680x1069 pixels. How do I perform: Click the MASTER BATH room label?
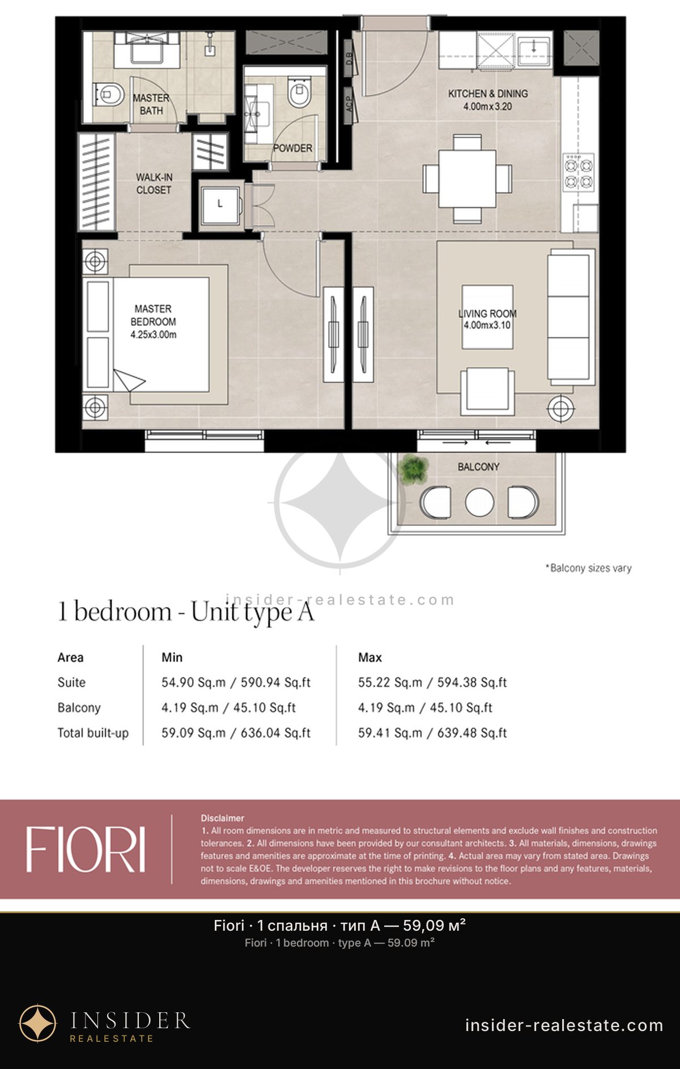tap(151, 104)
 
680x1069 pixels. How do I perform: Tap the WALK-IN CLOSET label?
tap(154, 184)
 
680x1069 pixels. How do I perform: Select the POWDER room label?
tap(292, 148)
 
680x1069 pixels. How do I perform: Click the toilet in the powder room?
tap(299, 92)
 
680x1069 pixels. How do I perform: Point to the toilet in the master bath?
tap(108, 95)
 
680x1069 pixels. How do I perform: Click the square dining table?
tap(467, 179)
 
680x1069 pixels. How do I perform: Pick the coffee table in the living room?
tap(487, 317)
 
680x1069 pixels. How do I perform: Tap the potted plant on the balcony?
tap(413, 469)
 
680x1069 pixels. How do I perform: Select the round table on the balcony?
tap(479, 502)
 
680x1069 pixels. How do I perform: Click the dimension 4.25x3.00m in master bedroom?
tap(153, 334)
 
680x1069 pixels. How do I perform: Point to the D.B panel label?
tap(349, 58)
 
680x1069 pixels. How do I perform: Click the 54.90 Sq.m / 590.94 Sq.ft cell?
tap(236, 682)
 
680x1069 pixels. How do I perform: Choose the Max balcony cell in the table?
tap(425, 707)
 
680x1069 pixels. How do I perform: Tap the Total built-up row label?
tap(93, 733)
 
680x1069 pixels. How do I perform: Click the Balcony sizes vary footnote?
tap(588, 568)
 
